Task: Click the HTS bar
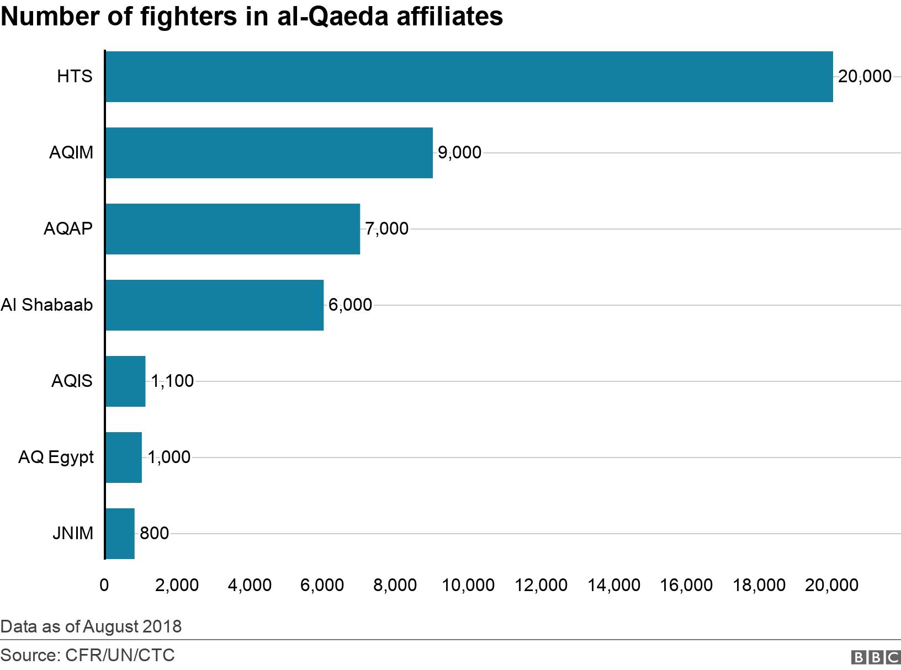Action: coord(469,77)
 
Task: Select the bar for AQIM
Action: coord(269,153)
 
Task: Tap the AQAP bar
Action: coord(232,229)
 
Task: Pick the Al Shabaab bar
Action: coord(214,305)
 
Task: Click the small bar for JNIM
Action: coord(120,534)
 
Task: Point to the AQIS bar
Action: coord(125,381)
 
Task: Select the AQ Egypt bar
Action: coord(124,458)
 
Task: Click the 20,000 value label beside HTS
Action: coord(865,77)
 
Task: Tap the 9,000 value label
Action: coord(459,153)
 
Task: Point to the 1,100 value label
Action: coord(172,381)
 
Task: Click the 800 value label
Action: coord(154,534)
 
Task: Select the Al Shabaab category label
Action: coord(47,305)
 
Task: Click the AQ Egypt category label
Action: coord(56,458)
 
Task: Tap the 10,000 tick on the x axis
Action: coord(468,586)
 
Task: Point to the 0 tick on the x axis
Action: coord(104,586)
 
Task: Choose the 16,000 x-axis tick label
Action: coord(686,586)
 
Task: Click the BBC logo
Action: coord(876,657)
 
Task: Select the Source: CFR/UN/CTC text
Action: coord(88,656)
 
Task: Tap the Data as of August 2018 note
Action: coord(91,627)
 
